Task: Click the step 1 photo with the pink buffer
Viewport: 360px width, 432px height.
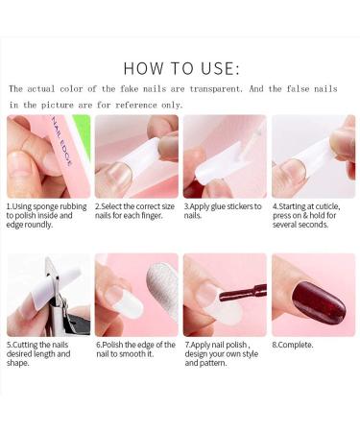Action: [x=48, y=156]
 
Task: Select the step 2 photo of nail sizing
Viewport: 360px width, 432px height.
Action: [x=136, y=156]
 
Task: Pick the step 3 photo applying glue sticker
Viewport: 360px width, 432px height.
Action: [x=224, y=156]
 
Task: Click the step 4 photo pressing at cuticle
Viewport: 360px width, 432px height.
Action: [x=313, y=156]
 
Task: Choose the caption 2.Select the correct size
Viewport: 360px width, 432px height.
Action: [x=136, y=210]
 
